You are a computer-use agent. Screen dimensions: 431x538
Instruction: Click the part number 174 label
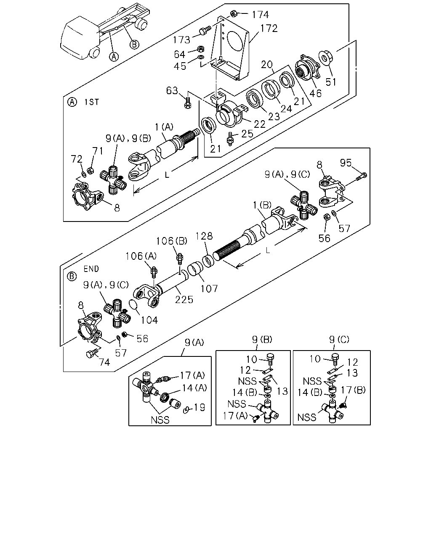[260, 15]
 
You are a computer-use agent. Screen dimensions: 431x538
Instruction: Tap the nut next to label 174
[234, 13]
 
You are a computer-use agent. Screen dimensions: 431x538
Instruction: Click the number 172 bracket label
[269, 29]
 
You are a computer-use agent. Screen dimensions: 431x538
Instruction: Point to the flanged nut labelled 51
[325, 58]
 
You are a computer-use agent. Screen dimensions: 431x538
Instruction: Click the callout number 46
[315, 93]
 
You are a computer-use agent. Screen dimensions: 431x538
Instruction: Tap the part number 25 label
[247, 134]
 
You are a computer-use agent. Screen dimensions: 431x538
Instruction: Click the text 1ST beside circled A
[92, 102]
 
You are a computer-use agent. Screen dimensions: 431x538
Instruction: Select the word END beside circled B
[91, 269]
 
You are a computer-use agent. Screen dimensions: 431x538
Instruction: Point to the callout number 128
[204, 236]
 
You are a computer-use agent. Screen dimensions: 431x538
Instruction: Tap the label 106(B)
[172, 241]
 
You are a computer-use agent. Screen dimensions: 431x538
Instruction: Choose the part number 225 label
[184, 300]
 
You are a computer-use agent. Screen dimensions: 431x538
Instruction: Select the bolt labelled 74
[90, 354]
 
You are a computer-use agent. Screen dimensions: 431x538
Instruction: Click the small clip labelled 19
[186, 409]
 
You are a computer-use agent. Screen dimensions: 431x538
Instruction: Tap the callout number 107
[209, 289]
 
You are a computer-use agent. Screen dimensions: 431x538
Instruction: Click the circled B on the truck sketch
[134, 45]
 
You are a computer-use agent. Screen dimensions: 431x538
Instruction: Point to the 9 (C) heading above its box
[339, 340]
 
